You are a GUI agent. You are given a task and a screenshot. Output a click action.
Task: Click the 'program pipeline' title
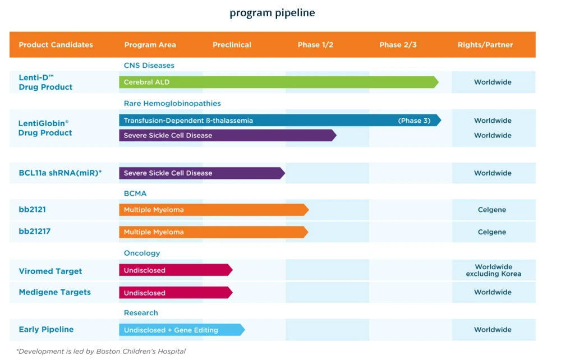coord(272,12)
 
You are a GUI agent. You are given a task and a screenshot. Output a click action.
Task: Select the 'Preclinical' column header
coord(232,45)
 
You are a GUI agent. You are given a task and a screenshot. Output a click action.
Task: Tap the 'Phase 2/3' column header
coord(398,45)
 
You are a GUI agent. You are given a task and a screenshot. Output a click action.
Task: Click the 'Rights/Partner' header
coord(485,45)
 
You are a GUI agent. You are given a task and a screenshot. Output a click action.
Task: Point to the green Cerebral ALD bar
coord(278,82)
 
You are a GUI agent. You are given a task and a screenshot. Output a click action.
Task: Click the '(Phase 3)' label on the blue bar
coord(414,121)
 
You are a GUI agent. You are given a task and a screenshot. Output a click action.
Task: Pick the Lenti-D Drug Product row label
coord(45,82)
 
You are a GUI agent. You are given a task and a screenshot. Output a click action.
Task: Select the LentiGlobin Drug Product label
coord(45,128)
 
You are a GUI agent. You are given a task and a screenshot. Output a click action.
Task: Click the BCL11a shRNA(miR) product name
coord(60,173)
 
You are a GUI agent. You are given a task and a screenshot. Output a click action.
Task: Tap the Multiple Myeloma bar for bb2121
coord(213,210)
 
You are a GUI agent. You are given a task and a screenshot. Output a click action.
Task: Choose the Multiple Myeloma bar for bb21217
coord(213,232)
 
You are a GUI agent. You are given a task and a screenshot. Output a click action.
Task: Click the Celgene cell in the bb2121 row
coord(492,210)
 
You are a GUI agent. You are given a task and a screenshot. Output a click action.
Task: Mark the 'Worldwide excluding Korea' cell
coord(493,270)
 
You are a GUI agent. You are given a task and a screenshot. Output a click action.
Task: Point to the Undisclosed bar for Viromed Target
coord(175,270)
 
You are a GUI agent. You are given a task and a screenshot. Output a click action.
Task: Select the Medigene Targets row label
coord(54,292)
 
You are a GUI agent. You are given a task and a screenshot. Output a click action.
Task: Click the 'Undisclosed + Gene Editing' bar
coord(181,330)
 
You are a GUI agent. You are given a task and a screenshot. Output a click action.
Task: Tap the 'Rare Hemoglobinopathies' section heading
coord(172,104)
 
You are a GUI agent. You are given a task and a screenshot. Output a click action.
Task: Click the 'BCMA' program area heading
coord(135,193)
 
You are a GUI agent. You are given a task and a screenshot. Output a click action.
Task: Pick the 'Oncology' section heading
coord(142,253)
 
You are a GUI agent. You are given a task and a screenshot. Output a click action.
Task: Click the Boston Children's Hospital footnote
coord(101,352)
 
